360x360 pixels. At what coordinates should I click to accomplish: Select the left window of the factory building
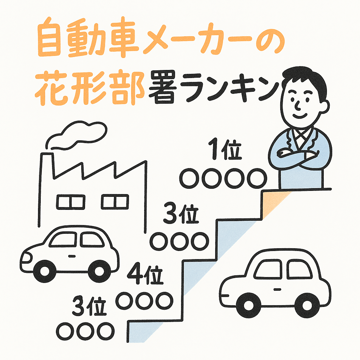(x=70, y=201)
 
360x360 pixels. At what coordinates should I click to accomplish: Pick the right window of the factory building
(x=115, y=201)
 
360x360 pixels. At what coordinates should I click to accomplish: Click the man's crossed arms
(x=297, y=155)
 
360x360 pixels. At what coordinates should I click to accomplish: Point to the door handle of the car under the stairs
(x=278, y=289)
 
